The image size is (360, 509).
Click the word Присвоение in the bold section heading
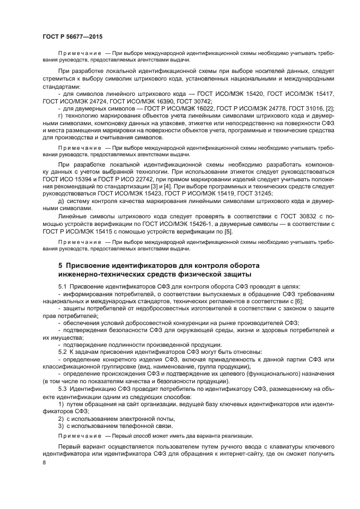pos(91,265)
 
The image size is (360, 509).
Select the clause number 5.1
pos(62,286)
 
